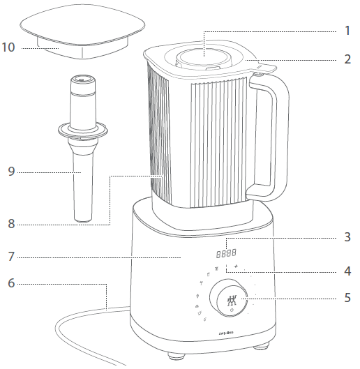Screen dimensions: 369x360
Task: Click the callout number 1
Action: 346,31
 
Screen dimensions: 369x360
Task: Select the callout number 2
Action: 346,59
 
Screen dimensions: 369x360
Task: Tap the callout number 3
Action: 346,237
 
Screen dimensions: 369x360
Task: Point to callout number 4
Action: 346,270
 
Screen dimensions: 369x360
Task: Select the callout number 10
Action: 10,48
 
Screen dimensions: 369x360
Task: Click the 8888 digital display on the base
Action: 225,254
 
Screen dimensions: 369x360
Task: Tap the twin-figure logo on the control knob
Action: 232,301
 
